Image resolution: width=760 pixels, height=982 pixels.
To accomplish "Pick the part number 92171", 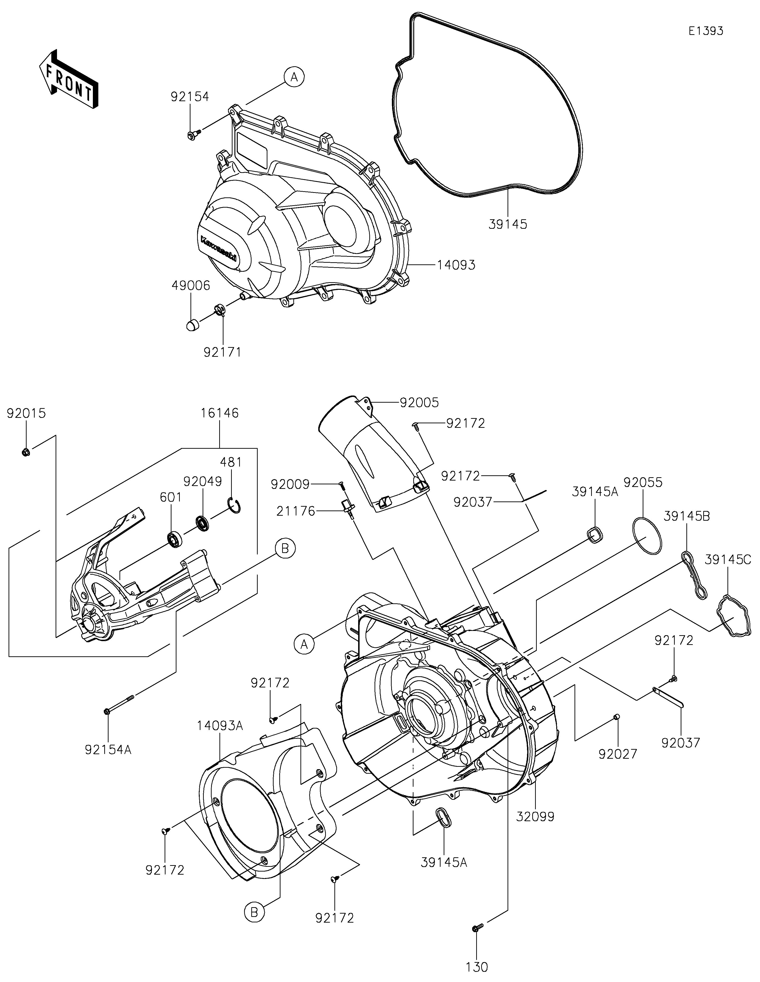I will point(223,353).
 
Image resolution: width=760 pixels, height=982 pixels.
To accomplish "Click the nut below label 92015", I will point(26,451).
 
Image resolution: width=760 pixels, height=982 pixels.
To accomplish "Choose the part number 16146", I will point(220,413).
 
